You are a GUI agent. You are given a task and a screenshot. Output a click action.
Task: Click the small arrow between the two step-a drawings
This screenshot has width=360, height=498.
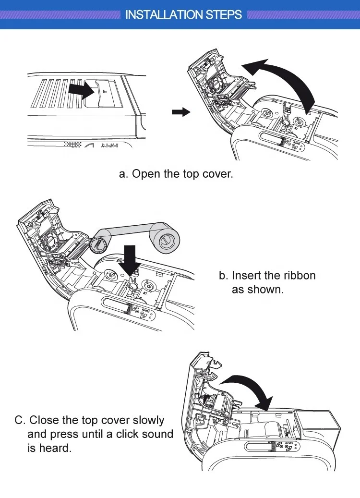[180, 112]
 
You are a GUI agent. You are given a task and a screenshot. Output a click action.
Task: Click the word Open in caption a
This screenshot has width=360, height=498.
[146, 174]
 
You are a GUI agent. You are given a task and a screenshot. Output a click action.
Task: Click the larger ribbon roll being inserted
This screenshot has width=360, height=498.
[166, 240]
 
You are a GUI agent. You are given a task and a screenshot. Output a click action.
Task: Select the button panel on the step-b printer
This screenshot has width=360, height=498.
[144, 313]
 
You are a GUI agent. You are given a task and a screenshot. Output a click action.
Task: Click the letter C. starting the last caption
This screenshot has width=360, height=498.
[20, 420]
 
